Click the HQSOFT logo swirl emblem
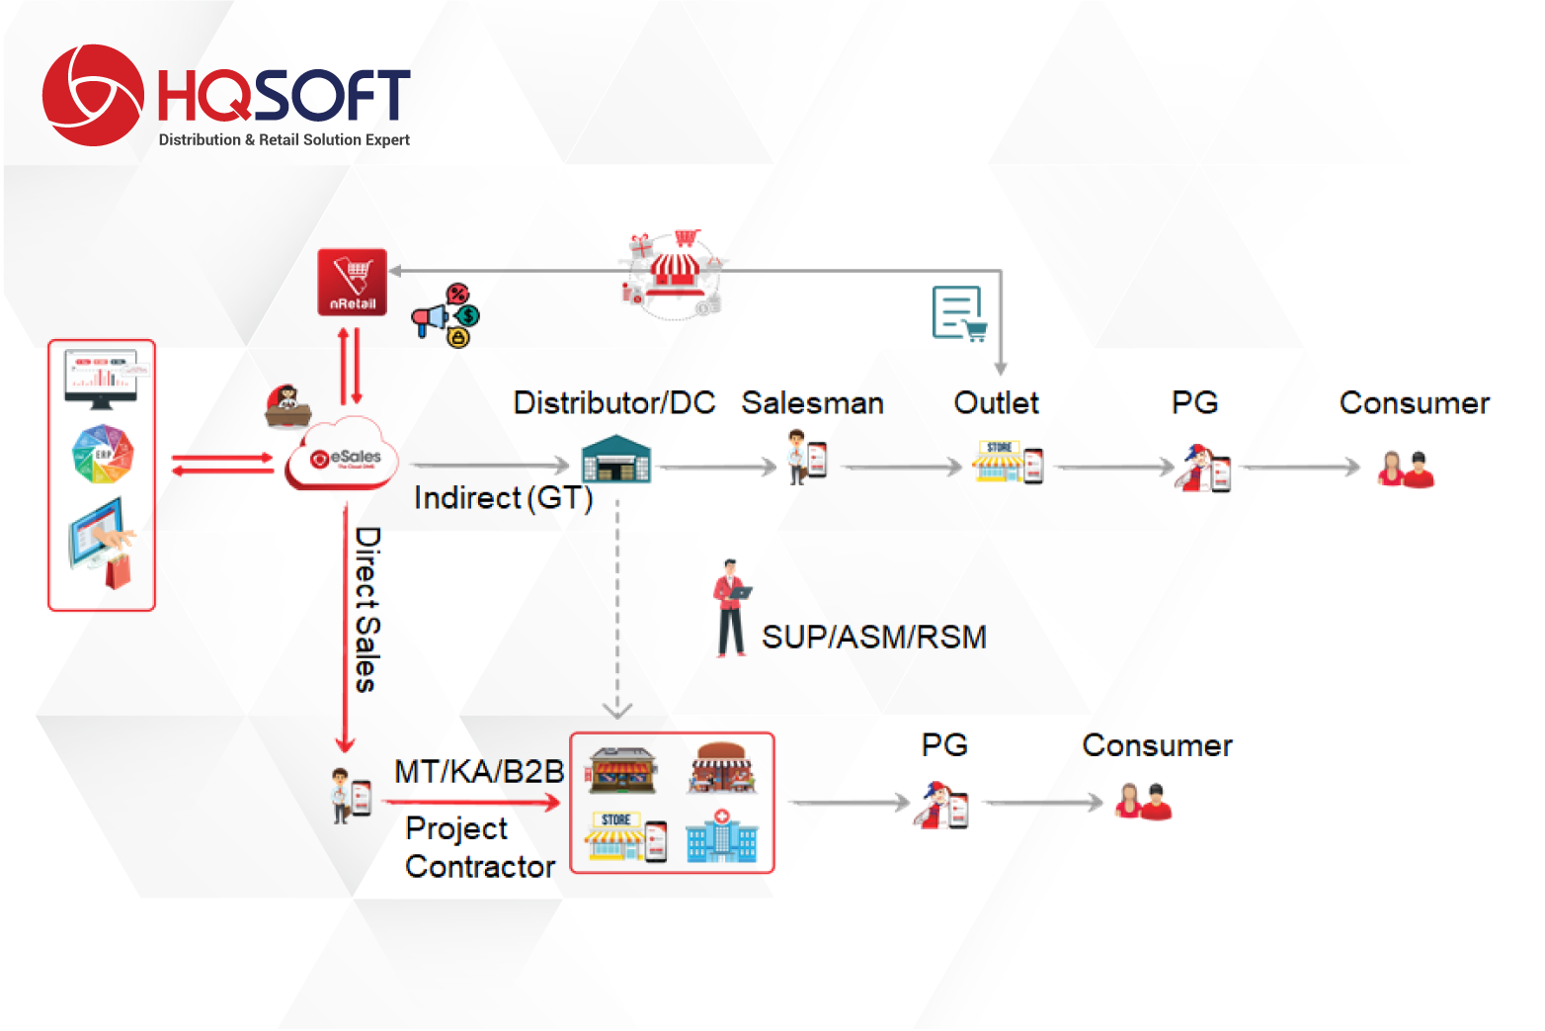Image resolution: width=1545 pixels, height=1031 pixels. pyautogui.click(x=92, y=95)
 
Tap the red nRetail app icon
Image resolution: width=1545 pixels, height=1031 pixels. pyautogui.click(x=352, y=283)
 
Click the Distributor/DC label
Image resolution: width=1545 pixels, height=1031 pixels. pyautogui.click(x=613, y=403)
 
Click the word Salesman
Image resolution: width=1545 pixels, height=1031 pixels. pyautogui.click(x=812, y=403)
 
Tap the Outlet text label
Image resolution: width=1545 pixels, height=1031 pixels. pyautogui.click(x=996, y=403)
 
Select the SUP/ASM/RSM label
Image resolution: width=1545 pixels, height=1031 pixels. pyautogui.click(x=873, y=638)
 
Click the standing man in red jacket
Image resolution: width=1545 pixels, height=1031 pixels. pyautogui.click(x=731, y=609)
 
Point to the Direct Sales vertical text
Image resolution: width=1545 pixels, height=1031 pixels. pyautogui.click(x=367, y=609)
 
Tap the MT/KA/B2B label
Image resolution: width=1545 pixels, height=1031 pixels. pyautogui.click(x=479, y=772)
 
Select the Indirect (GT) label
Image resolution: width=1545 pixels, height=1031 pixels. pyautogui.click(x=503, y=498)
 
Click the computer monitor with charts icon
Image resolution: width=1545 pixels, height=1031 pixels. pyautogui.click(x=102, y=379)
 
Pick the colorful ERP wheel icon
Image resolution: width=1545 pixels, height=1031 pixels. pyautogui.click(x=102, y=455)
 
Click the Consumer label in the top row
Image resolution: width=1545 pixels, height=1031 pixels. pyautogui.click(x=1414, y=403)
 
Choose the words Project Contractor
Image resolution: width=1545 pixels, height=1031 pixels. pyautogui.click(x=480, y=847)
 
